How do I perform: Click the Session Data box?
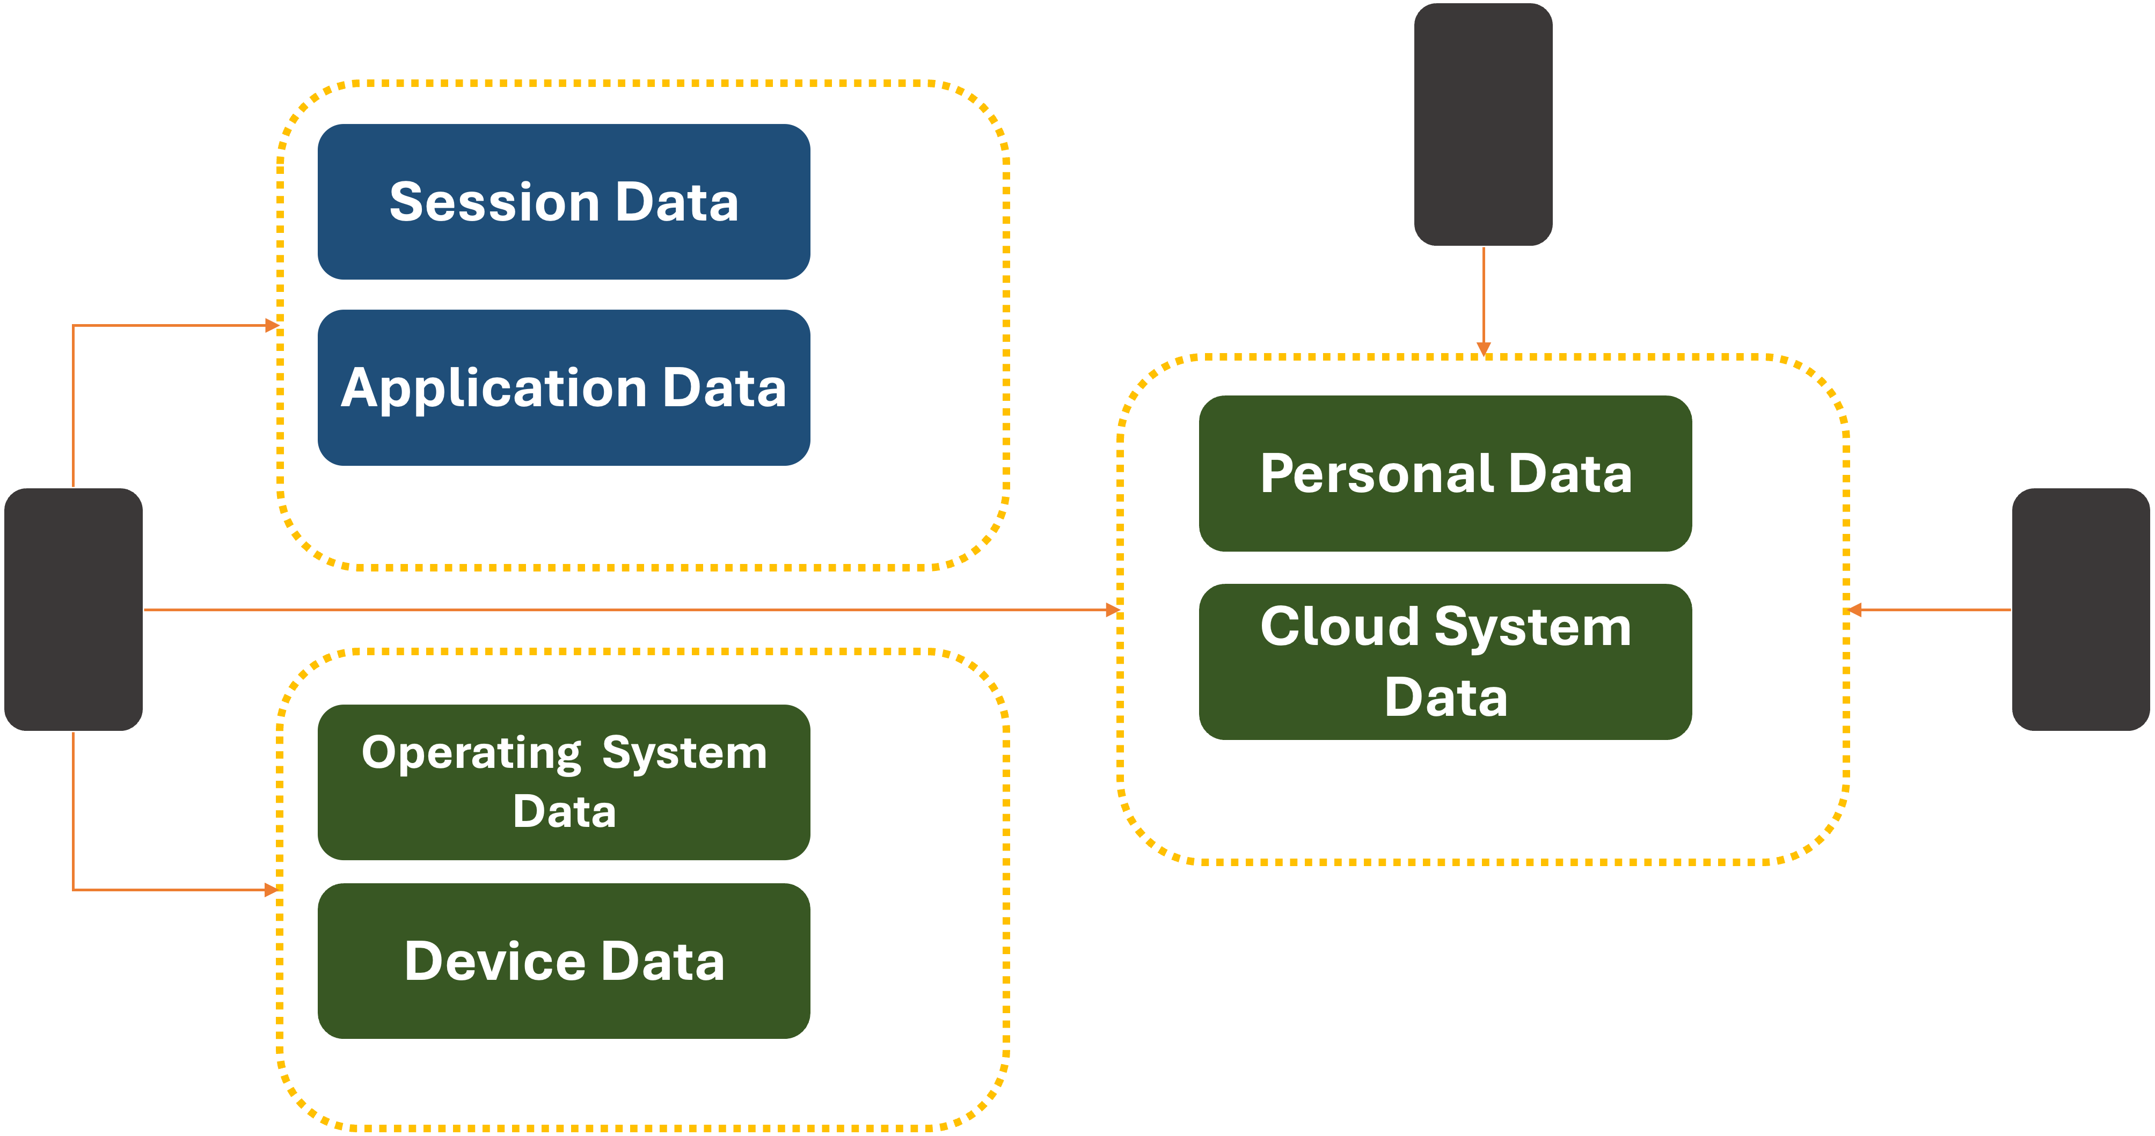point(564,202)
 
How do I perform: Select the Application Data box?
point(564,387)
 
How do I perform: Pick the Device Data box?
point(564,961)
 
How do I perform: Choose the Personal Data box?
point(1445,473)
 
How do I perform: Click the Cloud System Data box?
point(1445,661)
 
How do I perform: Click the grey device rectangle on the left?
point(74,609)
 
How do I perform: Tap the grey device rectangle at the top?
point(1482,124)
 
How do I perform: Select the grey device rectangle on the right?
point(2080,609)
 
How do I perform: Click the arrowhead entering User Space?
point(272,325)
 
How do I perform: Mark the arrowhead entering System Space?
point(272,889)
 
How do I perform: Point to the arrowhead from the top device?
point(1483,349)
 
